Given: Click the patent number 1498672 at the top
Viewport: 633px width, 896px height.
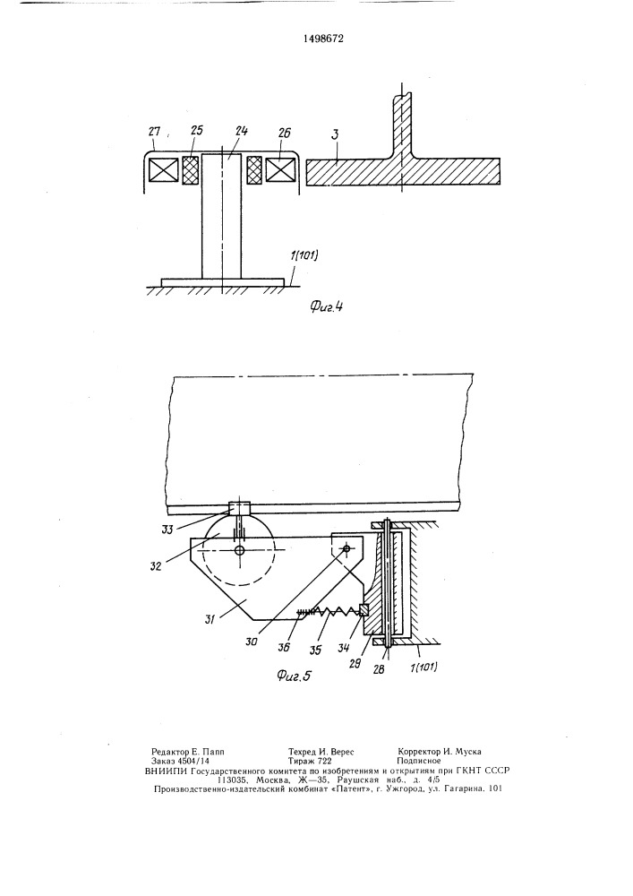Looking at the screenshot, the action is click(322, 39).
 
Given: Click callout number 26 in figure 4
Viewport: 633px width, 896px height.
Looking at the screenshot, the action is click(283, 133).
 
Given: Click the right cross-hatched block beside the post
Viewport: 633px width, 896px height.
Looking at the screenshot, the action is click(253, 170).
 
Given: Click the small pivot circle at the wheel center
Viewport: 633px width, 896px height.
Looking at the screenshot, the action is click(239, 550).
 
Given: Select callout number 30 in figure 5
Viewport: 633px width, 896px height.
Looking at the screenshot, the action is click(252, 642).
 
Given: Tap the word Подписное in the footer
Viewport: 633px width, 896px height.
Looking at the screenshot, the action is click(420, 761).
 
